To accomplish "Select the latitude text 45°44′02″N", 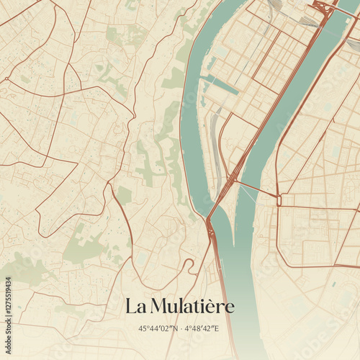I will coord(158,328).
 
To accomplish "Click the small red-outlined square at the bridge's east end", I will coord(280,200).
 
